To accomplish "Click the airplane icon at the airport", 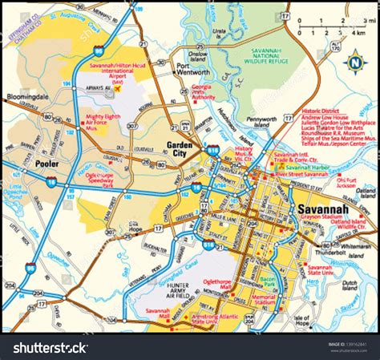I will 118,89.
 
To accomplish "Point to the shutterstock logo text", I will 48,347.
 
